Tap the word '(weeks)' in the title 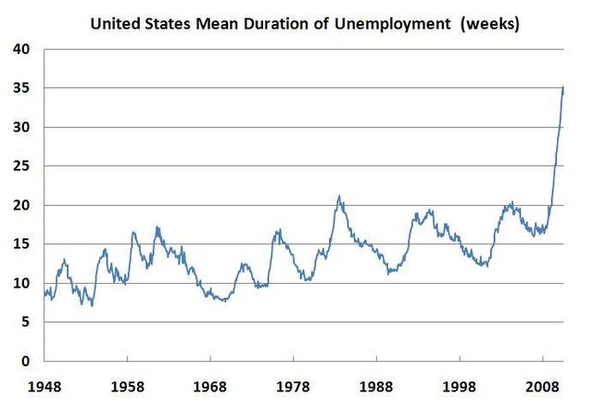[488, 22]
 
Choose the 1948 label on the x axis [44, 383]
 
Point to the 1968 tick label [210, 383]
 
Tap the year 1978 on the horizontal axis [294, 383]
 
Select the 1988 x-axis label [376, 383]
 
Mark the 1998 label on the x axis [460, 383]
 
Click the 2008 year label [542, 383]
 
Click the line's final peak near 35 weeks [563, 87]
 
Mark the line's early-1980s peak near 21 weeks [339, 196]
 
